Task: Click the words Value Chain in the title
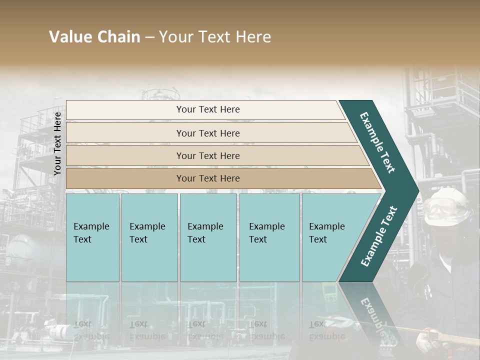94,37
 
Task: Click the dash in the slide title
149,37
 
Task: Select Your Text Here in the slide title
214,37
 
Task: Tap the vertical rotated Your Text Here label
57,143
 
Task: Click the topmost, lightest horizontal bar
205,109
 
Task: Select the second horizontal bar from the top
210,133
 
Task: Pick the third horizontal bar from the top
215,155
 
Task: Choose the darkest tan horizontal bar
220,178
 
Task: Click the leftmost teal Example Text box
92,237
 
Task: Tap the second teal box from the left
149,237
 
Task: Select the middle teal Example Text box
208,237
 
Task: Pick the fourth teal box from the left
269,237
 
